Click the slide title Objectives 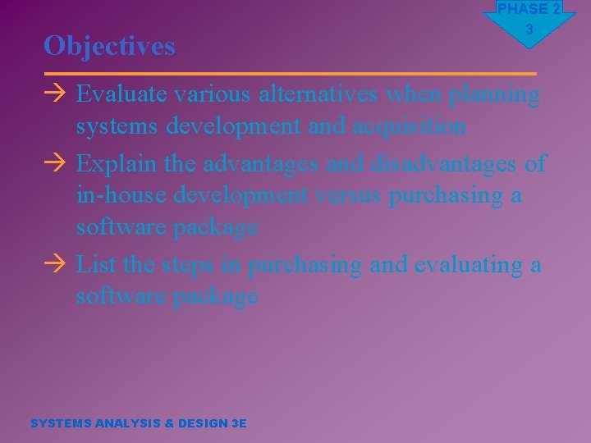point(109,46)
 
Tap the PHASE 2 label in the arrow point(529,9)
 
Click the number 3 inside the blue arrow point(529,30)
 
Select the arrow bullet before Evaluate point(55,95)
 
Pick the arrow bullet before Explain point(55,164)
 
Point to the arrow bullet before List point(55,266)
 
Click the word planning point(495,95)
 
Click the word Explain point(117,164)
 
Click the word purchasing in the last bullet point(305,266)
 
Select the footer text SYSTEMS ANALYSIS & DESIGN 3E point(138,423)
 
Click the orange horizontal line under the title point(290,73)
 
